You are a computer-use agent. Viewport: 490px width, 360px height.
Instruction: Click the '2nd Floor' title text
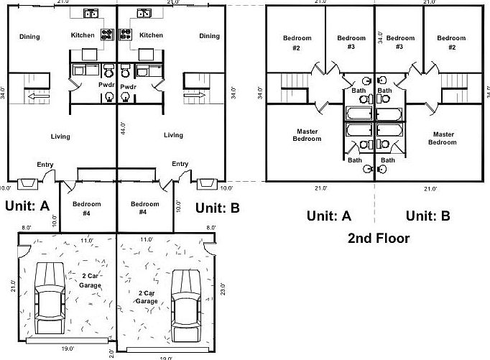click(379, 239)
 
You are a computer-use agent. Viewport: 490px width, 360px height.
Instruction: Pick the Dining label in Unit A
click(29, 37)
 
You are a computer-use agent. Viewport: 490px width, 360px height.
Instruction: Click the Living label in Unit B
click(173, 135)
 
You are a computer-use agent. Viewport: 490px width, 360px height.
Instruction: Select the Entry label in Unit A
click(46, 164)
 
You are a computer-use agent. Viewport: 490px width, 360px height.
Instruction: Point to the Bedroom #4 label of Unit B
click(145, 208)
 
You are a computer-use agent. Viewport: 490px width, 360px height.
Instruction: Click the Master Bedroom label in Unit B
click(443, 138)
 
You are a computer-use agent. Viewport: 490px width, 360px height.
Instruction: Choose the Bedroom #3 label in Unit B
click(400, 42)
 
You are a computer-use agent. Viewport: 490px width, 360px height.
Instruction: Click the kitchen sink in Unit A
click(91, 13)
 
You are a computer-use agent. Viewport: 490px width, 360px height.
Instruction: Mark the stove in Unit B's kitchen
click(126, 33)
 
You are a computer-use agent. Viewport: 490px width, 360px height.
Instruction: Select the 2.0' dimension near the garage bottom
click(111, 352)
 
